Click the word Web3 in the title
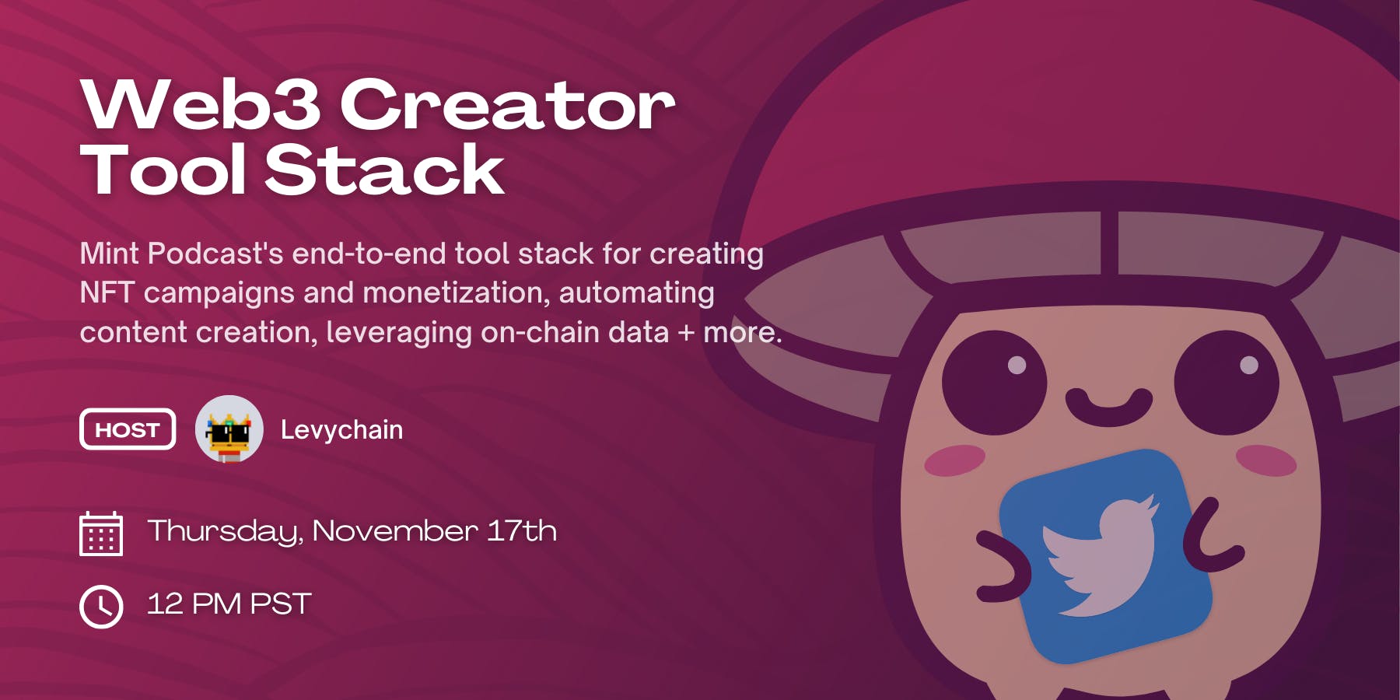(201, 105)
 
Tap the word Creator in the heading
(507, 105)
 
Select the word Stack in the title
(385, 170)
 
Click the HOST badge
(128, 429)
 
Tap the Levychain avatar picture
(229, 429)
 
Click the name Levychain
(341, 429)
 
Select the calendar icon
(101, 534)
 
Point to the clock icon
(101, 606)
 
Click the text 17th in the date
(522, 531)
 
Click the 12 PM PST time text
(229, 604)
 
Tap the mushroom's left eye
(994, 382)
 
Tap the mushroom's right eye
(1227, 382)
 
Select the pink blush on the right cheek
(1265, 460)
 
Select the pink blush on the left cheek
(955, 460)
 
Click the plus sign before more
(686, 334)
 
